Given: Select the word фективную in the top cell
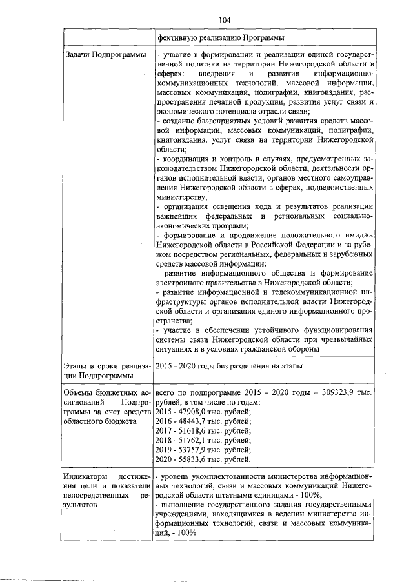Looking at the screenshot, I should coord(177,38).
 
